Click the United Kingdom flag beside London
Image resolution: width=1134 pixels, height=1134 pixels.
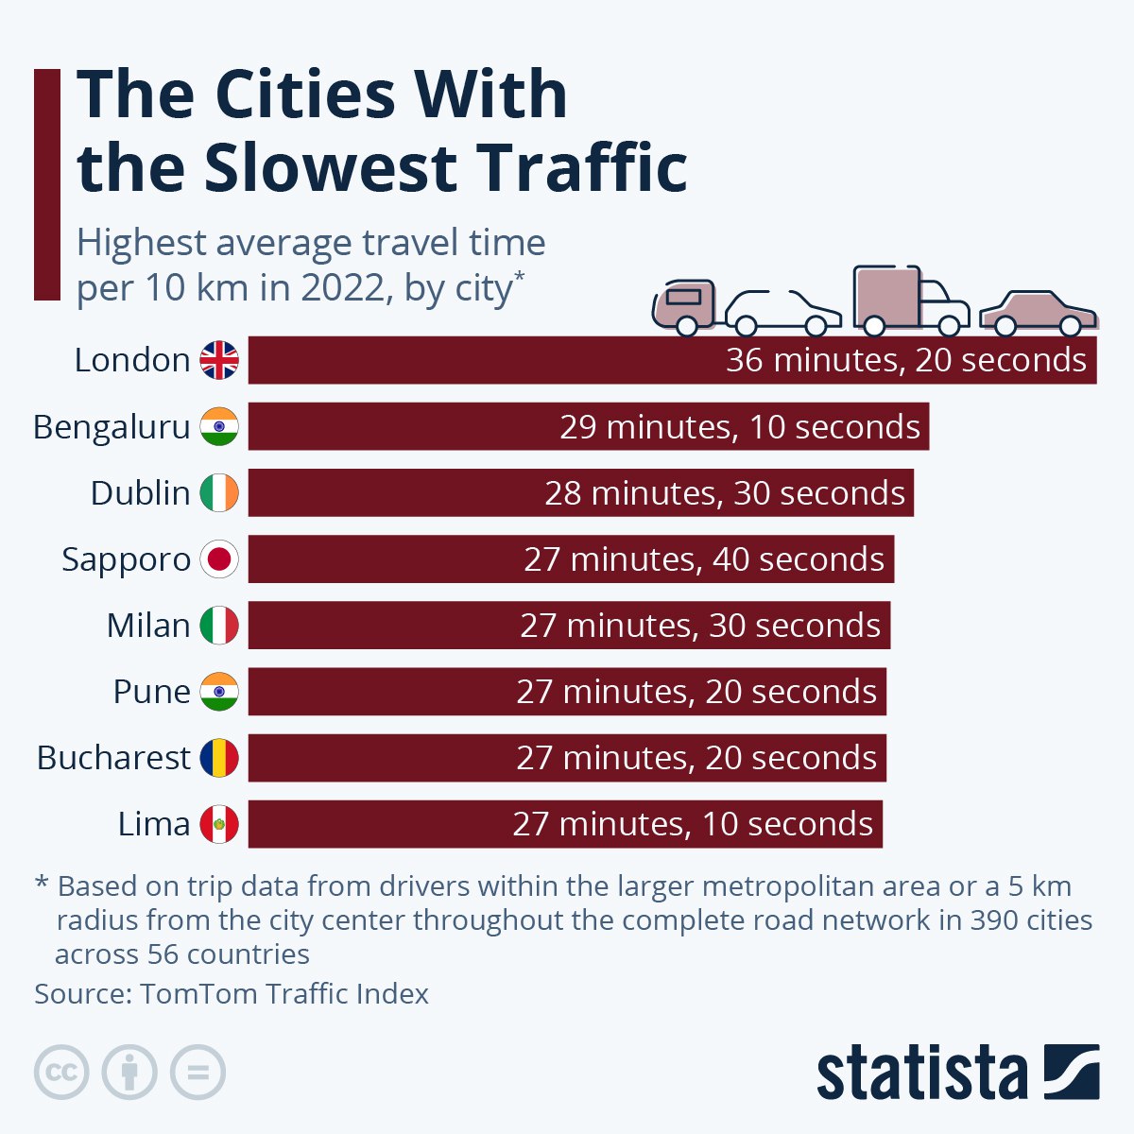coord(219,360)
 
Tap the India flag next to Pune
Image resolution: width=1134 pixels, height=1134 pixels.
coord(219,692)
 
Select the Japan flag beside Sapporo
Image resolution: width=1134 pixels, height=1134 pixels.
coord(219,559)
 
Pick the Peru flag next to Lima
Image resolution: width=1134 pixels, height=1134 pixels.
coord(219,824)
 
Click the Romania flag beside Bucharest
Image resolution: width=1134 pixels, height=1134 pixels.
coord(219,758)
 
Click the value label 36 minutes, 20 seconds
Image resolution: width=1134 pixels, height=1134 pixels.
coord(906,360)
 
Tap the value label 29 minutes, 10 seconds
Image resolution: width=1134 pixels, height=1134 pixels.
coord(740,427)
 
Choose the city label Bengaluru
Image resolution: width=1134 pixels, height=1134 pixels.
coord(112,427)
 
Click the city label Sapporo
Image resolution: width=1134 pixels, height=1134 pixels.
coord(126,559)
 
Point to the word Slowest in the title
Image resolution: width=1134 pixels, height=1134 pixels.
coord(330,167)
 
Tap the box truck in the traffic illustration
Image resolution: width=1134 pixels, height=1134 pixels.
coord(910,301)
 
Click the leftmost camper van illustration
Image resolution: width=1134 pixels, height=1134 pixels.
coord(684,304)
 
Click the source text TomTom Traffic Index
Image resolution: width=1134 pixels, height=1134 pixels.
coord(284,994)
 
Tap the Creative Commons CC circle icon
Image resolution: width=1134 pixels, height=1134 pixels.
coord(61,1073)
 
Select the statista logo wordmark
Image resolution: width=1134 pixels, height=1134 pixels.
coord(921,1073)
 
